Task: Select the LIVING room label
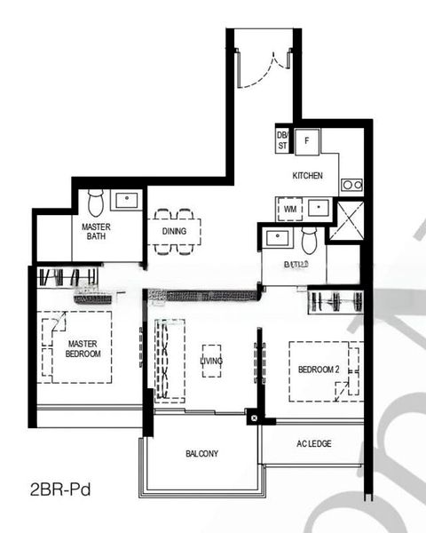[x=211, y=360]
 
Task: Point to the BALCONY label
[x=202, y=454]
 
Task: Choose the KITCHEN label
[x=308, y=176]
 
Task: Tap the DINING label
[x=174, y=233]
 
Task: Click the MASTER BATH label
[x=96, y=232]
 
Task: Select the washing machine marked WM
[x=290, y=210]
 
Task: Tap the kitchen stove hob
[x=351, y=185]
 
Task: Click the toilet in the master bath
[x=96, y=200]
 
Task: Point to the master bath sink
[x=126, y=200]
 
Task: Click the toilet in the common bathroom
[x=309, y=240]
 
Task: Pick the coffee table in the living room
[x=211, y=361]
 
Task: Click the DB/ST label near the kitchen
[x=282, y=139]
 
